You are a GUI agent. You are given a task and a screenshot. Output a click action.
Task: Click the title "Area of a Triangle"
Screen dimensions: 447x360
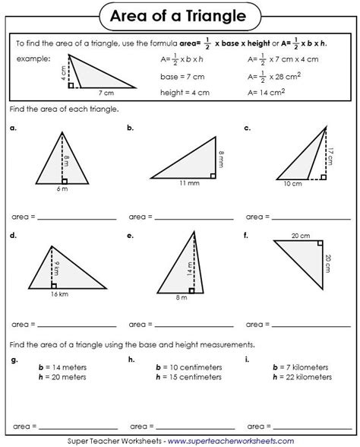(180, 14)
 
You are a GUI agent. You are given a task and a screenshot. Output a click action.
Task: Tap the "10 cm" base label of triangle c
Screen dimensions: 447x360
(292, 183)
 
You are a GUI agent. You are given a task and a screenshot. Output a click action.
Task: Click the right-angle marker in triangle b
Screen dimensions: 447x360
(212, 174)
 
